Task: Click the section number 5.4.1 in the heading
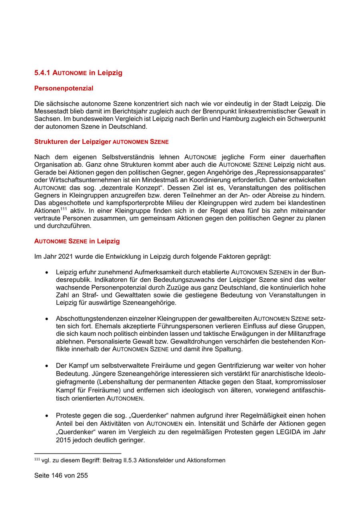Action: (x=43, y=73)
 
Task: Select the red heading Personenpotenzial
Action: (x=64, y=88)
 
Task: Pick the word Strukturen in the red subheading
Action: (x=50, y=142)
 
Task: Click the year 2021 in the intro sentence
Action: (x=65, y=256)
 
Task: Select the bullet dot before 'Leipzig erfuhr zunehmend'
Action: (x=47, y=272)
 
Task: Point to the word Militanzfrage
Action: (x=306, y=334)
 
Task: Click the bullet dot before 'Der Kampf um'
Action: (x=47, y=365)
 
